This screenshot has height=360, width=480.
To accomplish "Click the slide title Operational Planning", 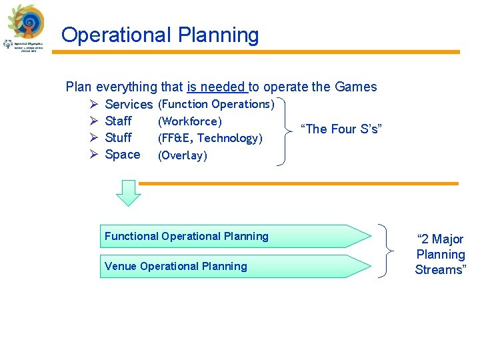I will (x=160, y=35).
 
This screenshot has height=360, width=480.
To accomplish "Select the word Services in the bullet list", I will (x=129, y=104).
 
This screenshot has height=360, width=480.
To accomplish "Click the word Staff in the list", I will (x=119, y=121).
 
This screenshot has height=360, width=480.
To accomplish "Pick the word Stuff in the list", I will (x=119, y=137).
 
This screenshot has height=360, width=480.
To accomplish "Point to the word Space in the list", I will (x=123, y=155).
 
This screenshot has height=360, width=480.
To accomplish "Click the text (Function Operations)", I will (x=216, y=104).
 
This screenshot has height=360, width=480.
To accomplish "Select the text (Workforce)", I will (x=189, y=121).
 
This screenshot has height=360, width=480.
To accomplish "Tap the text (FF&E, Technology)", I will (x=210, y=138).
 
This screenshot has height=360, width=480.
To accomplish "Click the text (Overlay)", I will (x=182, y=155).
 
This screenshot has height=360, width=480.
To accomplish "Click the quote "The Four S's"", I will (x=340, y=129).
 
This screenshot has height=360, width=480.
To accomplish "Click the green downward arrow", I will (x=129, y=193).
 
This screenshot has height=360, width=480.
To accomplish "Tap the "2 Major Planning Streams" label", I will (x=440, y=254).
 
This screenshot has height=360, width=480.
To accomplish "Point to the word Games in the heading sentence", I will (x=356, y=87).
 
